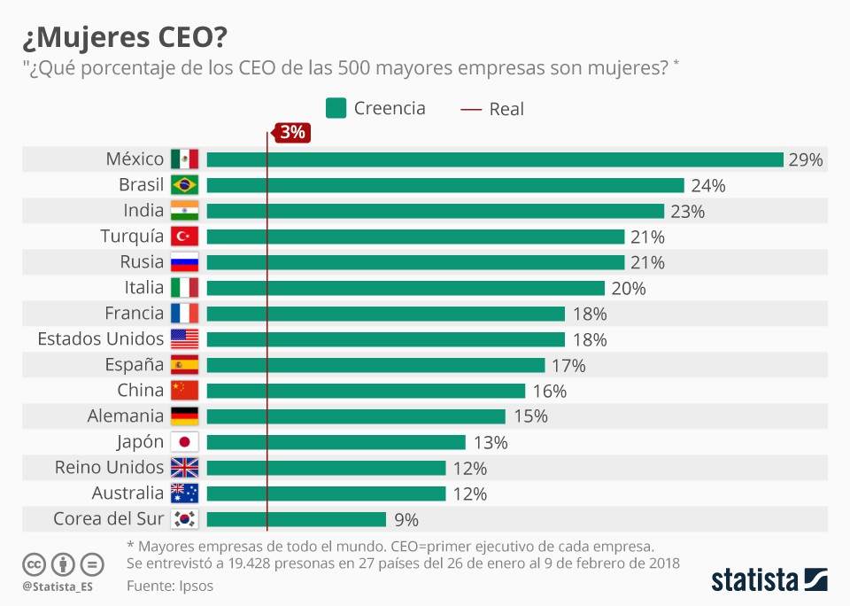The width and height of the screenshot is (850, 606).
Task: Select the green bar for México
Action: [x=495, y=159]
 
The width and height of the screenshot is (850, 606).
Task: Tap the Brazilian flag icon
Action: [x=184, y=185]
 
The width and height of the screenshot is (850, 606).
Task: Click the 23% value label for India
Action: [x=687, y=211]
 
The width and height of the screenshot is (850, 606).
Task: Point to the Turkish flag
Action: [x=184, y=237]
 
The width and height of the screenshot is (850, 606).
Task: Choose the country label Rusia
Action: [x=142, y=262]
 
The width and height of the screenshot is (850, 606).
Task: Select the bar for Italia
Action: [x=406, y=288]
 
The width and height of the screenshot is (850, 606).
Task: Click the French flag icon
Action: [x=184, y=314]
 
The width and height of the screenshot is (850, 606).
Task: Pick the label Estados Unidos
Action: [x=100, y=338]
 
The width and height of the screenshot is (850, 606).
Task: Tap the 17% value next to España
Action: [x=568, y=365]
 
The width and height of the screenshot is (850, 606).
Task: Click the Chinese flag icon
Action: [x=184, y=391]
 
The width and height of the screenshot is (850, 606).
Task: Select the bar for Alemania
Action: [x=356, y=416]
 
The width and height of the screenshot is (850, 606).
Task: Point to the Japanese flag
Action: [x=184, y=442]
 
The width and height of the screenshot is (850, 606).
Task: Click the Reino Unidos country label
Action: [x=109, y=467]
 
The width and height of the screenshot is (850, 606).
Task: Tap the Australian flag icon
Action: [x=184, y=493]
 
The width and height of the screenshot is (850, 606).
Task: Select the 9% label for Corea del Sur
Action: [x=406, y=519]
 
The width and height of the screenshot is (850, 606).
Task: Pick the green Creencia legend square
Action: [x=336, y=108]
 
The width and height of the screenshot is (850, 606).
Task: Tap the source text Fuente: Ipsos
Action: [x=170, y=586]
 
